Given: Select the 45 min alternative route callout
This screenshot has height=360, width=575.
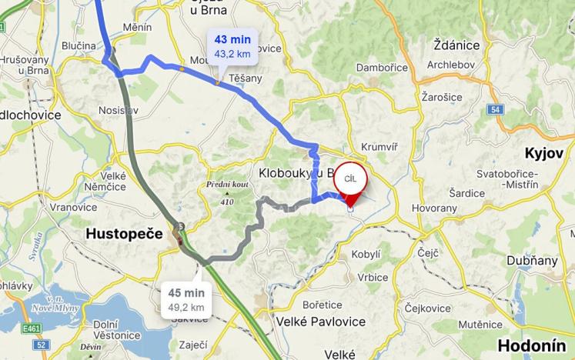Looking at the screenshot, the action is tap(186, 299).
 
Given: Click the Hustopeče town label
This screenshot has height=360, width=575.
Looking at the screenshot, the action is tap(124, 232).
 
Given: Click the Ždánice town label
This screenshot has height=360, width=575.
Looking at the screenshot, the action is tap(456, 45).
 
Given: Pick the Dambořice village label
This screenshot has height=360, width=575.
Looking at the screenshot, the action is tap(383, 68).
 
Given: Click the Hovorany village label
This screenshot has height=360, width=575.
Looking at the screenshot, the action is tap(434, 208).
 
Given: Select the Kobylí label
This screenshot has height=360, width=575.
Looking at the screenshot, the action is tap(366, 254).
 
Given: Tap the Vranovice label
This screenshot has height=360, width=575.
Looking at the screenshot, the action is tap(73, 207).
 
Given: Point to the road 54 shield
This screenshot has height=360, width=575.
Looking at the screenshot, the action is tap(495, 110).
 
